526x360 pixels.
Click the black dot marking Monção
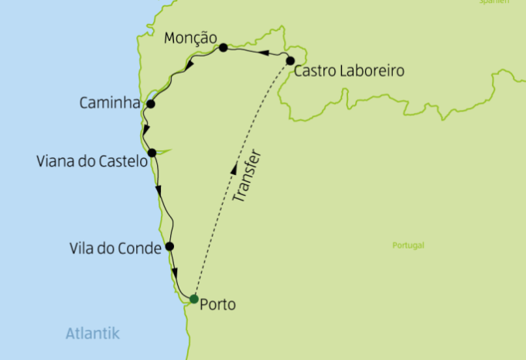click(x=223, y=48)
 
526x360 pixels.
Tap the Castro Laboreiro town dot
click(x=290, y=60)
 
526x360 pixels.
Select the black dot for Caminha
click(x=151, y=104)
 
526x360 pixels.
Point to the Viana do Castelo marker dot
click(x=152, y=153)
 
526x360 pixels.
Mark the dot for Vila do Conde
click(x=169, y=247)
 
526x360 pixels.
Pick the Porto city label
click(x=217, y=304)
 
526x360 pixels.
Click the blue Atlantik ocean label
click(x=93, y=334)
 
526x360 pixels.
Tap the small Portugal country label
click(x=408, y=245)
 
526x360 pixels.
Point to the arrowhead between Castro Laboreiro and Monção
click(x=263, y=54)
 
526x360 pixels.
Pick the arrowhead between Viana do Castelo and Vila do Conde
click(x=159, y=190)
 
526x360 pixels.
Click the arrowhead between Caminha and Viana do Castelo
click(x=145, y=129)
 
